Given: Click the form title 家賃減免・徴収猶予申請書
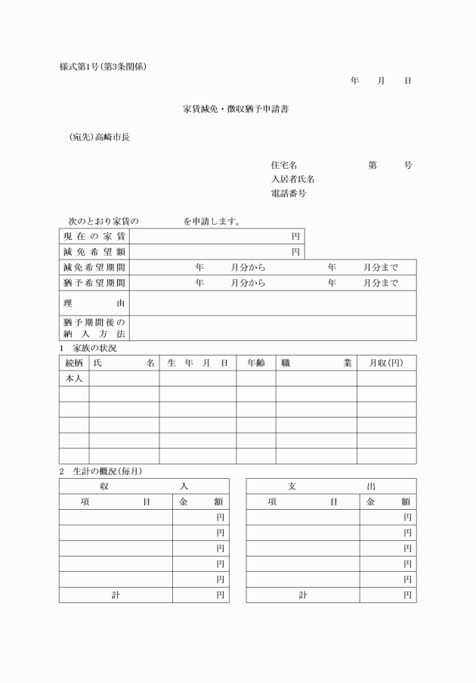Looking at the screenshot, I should (x=236, y=110).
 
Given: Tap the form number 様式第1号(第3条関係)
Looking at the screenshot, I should (x=104, y=67).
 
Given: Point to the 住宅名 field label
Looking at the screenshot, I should (x=283, y=165).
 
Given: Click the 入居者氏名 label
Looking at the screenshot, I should (x=292, y=179).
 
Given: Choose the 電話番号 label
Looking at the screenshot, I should (x=288, y=194).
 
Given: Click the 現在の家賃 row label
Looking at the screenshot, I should (x=94, y=237).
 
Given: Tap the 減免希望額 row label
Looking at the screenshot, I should (x=94, y=252).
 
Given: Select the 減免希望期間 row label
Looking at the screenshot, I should (x=94, y=268).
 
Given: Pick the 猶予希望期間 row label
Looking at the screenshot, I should (x=94, y=283).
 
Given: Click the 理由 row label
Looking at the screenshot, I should (x=94, y=303).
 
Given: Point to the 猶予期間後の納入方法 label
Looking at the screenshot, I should (x=94, y=328).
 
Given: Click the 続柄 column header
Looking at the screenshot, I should (x=74, y=363).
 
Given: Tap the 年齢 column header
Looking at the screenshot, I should (x=255, y=363).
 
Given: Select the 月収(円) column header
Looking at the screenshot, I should (x=386, y=363).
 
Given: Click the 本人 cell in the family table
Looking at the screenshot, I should (x=74, y=378).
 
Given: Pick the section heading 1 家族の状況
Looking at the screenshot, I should (x=88, y=348).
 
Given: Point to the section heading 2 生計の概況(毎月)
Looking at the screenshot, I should (x=100, y=471).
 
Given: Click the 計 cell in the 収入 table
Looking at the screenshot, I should (x=116, y=595).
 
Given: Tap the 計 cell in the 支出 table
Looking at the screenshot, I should (x=303, y=595).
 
